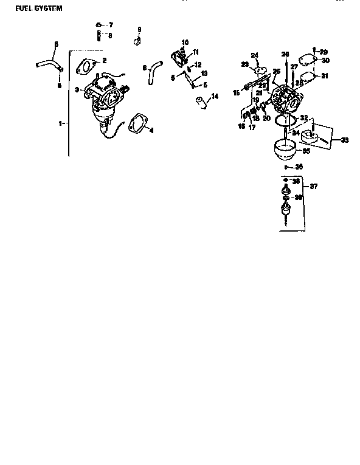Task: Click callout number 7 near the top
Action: click(x=110, y=26)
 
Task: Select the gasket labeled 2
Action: click(x=89, y=65)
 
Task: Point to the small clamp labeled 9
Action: click(x=138, y=41)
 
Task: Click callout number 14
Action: click(x=215, y=95)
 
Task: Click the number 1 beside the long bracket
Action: click(x=61, y=123)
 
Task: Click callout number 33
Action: click(x=345, y=140)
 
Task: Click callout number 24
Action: click(x=255, y=55)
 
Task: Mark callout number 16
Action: click(x=241, y=126)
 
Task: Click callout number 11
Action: click(x=196, y=52)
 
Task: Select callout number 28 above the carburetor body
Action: click(x=285, y=54)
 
